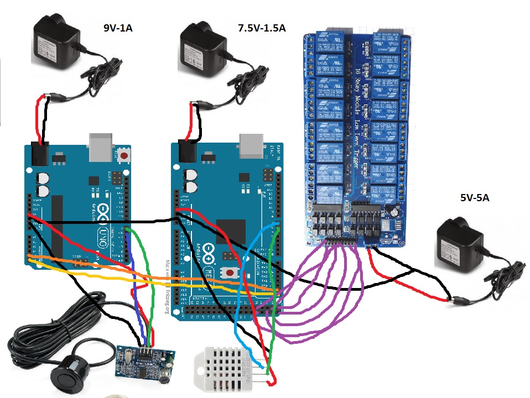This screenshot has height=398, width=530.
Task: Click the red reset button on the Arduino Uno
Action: (x=125, y=156)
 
